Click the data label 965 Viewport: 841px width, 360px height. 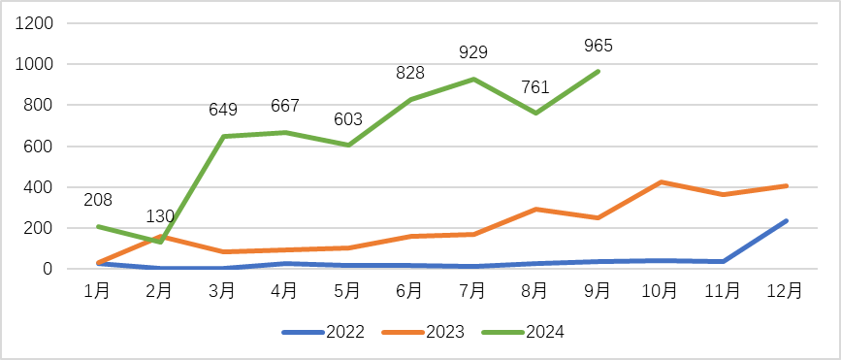point(598,46)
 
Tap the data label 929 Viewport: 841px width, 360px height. point(472,52)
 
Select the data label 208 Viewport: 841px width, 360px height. point(98,200)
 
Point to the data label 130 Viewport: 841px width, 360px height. point(160,215)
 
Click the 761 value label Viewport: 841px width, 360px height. point(535,87)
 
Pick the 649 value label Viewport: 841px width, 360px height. point(223,110)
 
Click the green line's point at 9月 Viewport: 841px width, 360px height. point(598,71)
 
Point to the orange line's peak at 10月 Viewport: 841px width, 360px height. point(660,181)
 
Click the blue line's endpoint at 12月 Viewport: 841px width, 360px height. point(786,221)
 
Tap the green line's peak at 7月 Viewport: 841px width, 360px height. point(472,79)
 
